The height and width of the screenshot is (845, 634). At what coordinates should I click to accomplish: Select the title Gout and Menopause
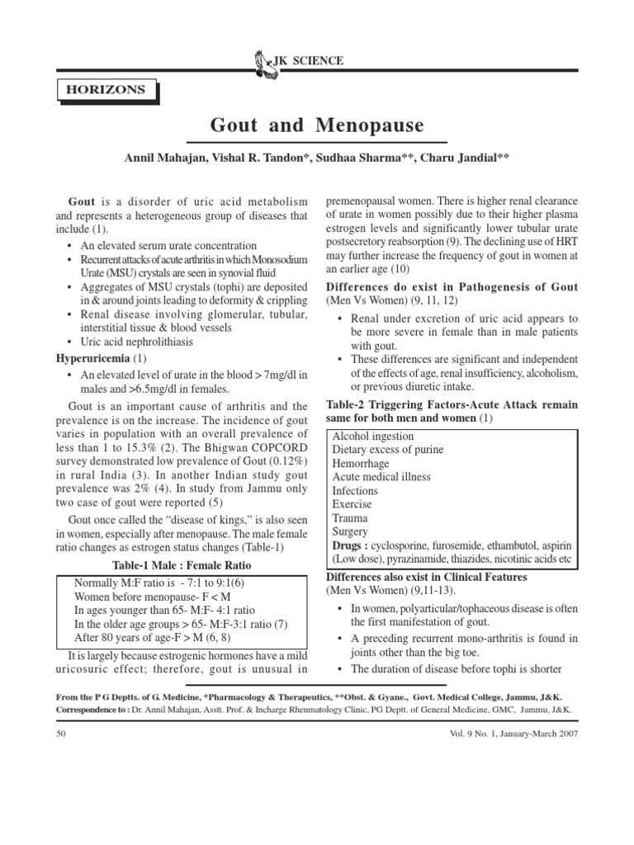[317, 125]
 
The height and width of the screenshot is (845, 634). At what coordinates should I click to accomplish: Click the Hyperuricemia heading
[94, 359]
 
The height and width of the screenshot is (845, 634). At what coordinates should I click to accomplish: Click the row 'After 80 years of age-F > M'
[153, 638]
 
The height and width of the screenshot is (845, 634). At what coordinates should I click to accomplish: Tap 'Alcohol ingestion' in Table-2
[373, 436]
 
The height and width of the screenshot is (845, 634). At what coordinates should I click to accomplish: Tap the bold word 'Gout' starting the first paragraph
[82, 202]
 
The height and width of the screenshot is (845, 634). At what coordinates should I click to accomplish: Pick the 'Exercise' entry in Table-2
[352, 504]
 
